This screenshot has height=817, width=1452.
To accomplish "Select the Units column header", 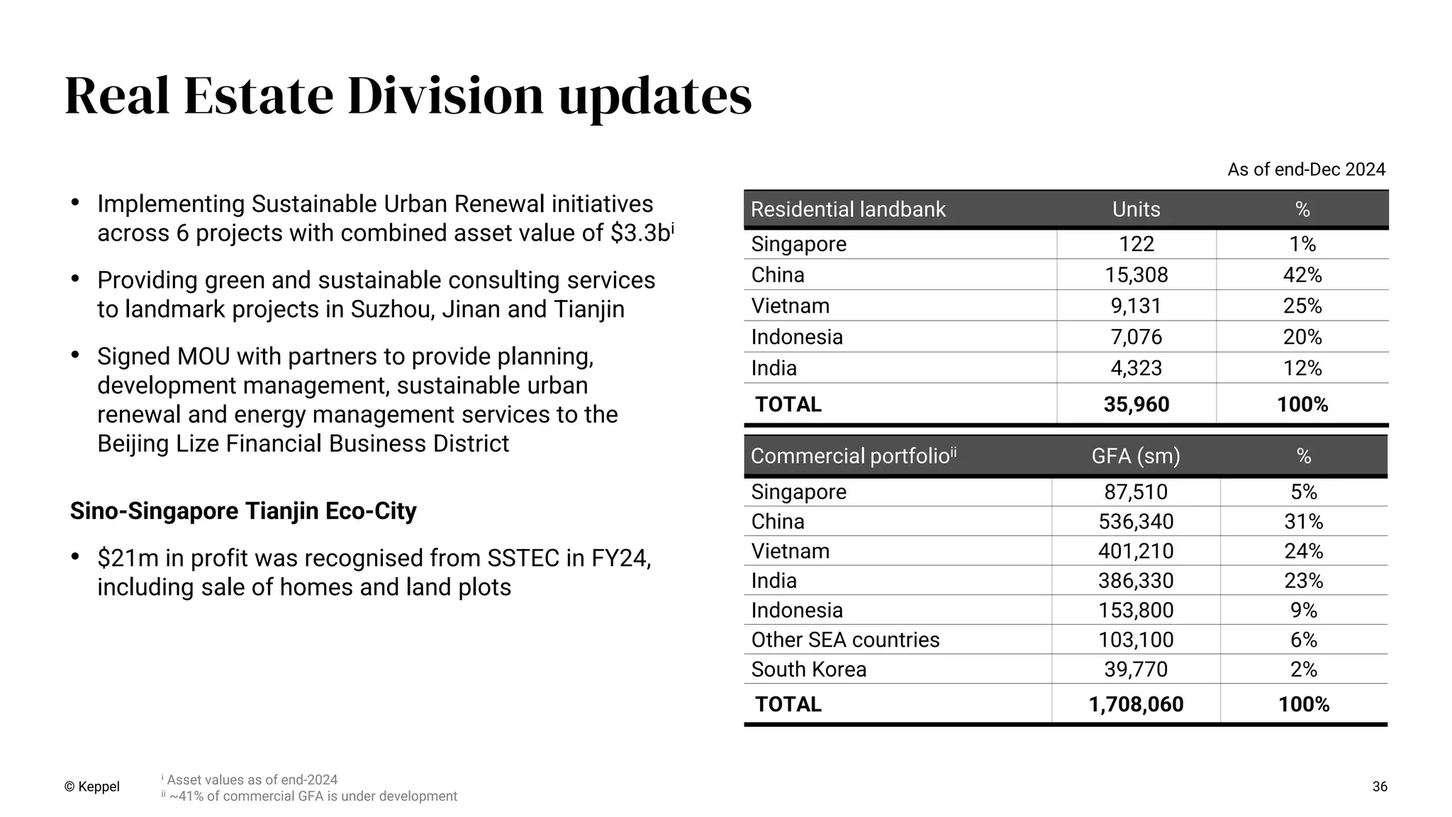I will point(1136,209).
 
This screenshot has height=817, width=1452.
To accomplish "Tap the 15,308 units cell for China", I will point(1136,275).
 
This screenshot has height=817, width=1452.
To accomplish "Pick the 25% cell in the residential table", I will point(1302,306).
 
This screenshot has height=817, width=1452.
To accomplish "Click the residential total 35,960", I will point(1136,404).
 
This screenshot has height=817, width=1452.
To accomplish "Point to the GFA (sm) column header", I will point(1135,456).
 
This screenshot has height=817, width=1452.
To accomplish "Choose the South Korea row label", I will point(808,669).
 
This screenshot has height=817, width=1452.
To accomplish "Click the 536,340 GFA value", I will point(1136,522).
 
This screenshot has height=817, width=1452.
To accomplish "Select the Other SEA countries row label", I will point(845,640).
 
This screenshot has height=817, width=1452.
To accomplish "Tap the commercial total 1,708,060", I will point(1136,704).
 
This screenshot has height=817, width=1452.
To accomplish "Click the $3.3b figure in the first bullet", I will point(640,233).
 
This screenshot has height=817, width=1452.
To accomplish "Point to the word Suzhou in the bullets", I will point(391,310).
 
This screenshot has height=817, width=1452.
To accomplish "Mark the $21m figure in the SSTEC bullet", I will point(128,559).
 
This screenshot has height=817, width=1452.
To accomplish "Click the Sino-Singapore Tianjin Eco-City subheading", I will point(243,511).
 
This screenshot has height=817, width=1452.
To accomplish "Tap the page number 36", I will point(1380,787).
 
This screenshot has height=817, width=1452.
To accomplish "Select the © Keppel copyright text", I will point(92,787).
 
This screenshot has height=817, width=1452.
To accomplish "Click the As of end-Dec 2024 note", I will point(1306,169).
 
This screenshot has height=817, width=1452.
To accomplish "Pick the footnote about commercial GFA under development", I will point(313,796).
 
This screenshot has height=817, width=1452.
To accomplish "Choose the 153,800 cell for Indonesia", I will point(1136,611).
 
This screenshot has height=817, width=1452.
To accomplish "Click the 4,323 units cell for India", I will point(1136,369).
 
